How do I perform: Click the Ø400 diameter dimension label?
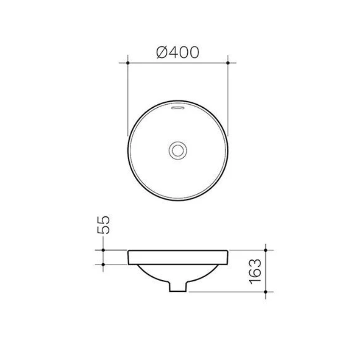(178, 52)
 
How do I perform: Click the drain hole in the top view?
(178, 150)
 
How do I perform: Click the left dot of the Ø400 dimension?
(128, 63)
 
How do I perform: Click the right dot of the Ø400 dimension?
(228, 63)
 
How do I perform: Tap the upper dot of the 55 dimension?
(103, 250)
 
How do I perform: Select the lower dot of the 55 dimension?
(103, 264)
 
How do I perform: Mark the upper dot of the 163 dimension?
(266, 250)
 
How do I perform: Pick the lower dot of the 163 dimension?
(266, 292)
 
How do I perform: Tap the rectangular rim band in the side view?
(178, 257)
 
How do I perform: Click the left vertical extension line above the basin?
(128, 100)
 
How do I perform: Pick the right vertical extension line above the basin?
(228, 100)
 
